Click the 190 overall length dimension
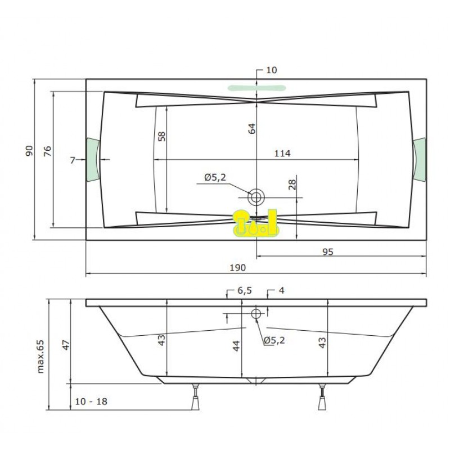(237, 268)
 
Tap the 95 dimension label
(328, 251)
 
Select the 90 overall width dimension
(29, 151)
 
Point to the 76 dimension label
(47, 151)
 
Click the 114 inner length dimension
(282, 153)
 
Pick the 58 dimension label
(161, 136)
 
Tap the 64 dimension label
(251, 129)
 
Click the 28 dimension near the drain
(292, 184)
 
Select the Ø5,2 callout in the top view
(215, 177)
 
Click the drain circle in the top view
(256, 197)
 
